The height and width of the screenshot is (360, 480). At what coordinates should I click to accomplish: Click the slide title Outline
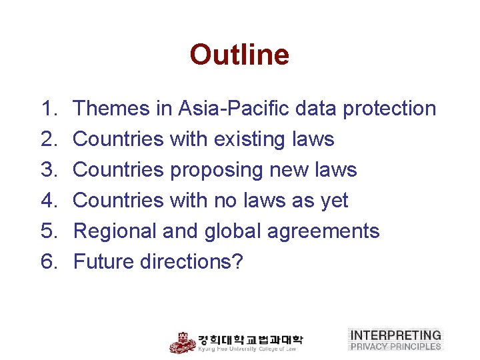coord(239,55)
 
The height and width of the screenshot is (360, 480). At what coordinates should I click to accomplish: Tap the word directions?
coord(192,262)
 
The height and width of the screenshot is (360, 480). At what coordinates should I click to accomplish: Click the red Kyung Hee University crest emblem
coord(182,342)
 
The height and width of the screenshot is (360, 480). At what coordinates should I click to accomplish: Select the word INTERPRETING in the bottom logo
coord(395,335)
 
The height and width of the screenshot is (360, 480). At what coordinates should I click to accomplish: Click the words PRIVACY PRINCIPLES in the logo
coord(395,346)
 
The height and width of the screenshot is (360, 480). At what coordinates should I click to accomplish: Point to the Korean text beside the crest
coord(250,339)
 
